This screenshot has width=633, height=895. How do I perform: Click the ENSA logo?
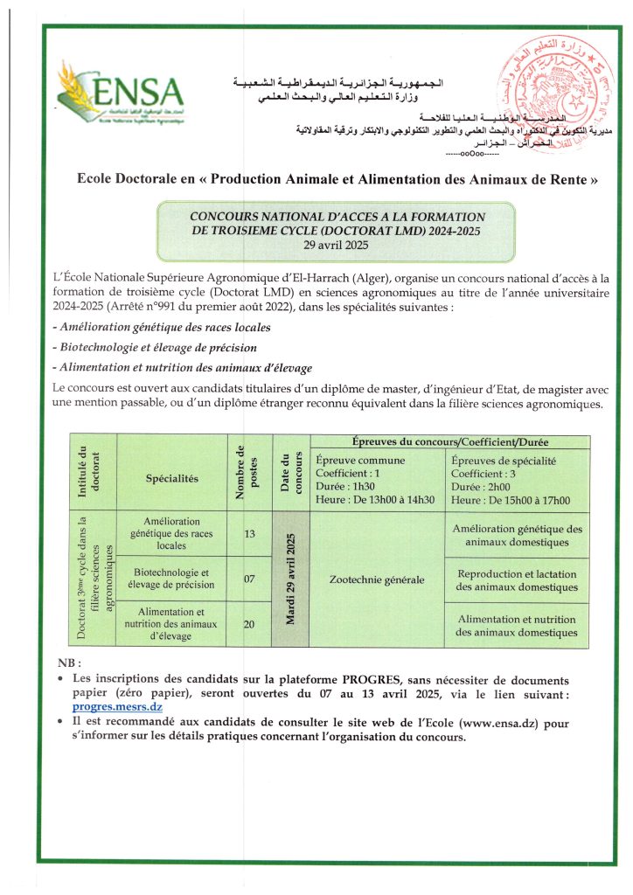pyautogui.click(x=120, y=90)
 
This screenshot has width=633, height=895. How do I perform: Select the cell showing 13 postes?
pyautogui.click(x=249, y=533)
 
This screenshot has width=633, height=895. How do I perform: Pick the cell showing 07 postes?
pyautogui.click(x=249, y=579)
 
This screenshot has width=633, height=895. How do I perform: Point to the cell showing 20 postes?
pyautogui.click(x=249, y=624)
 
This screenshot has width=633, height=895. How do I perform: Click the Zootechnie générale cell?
pyautogui.click(x=377, y=579)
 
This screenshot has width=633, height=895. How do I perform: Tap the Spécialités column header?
pyautogui.click(x=172, y=478)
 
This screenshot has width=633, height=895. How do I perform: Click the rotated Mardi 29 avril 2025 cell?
pyautogui.click(x=290, y=579)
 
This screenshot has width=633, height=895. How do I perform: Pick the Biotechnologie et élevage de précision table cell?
pyautogui.click(x=172, y=579)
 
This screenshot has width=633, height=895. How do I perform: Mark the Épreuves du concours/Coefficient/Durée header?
pyautogui.click(x=449, y=442)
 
